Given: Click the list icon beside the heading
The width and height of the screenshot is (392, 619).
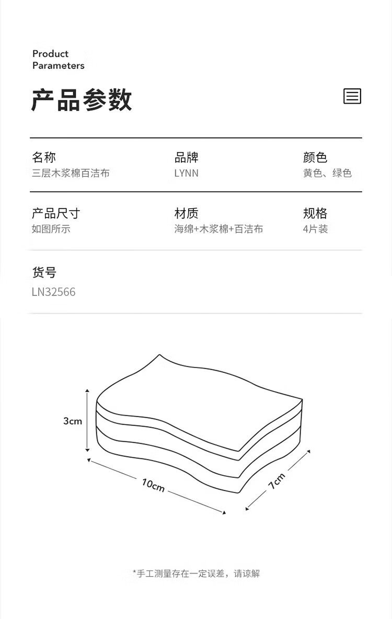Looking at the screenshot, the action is pyautogui.click(x=352, y=96).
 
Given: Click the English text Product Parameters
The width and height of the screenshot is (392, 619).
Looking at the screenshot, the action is pyautogui.click(x=59, y=60).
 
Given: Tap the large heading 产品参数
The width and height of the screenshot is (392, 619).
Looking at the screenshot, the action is pyautogui.click(x=82, y=100).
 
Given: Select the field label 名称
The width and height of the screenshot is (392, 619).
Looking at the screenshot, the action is pyautogui.click(x=44, y=157).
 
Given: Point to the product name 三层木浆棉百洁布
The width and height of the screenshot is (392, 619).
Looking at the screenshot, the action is pyautogui.click(x=71, y=173).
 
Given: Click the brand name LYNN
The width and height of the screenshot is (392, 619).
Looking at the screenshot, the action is pyautogui.click(x=186, y=173).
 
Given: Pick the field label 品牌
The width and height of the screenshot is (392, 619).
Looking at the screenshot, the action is pyautogui.click(x=186, y=157).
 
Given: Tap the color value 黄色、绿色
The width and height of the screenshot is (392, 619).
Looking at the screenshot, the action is pyautogui.click(x=327, y=173).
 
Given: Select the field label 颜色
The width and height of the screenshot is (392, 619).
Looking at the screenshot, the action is pyautogui.click(x=315, y=157).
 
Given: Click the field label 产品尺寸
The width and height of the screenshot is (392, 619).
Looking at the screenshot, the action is pyautogui.click(x=56, y=213).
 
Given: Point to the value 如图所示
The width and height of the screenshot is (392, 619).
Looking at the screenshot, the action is pyautogui.click(x=51, y=229).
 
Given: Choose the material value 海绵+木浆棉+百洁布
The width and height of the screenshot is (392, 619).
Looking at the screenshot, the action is pyautogui.click(x=218, y=229).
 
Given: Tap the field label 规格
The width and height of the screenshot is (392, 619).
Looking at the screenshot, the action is pyautogui.click(x=315, y=213).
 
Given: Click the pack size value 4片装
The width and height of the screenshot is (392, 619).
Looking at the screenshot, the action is pyautogui.click(x=315, y=229).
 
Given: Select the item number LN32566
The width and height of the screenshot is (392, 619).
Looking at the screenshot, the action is pyautogui.click(x=53, y=292).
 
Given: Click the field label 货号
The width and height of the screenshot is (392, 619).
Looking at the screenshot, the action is pyautogui.click(x=44, y=272).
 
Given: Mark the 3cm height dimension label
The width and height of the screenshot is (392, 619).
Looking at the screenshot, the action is pyautogui.click(x=73, y=421).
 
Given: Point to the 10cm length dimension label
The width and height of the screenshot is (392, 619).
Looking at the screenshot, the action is pyautogui.click(x=153, y=485).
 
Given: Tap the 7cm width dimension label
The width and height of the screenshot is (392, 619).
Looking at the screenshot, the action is pyautogui.click(x=277, y=481).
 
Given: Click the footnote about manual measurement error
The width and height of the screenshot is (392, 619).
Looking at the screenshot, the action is pyautogui.click(x=196, y=574).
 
